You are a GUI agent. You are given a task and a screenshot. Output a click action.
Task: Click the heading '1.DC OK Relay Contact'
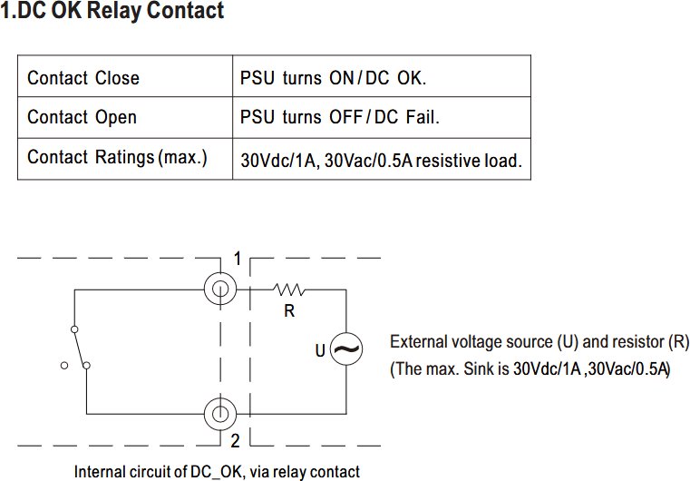click(112, 11)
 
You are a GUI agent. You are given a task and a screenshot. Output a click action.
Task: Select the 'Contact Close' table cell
click(125, 76)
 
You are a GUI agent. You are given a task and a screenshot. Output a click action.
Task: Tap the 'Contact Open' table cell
click(125, 118)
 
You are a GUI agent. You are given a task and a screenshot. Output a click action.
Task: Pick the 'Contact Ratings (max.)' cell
click(125, 159)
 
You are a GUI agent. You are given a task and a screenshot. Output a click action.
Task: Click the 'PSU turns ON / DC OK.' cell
click(382, 76)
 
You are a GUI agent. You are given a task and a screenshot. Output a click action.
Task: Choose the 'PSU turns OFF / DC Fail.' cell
click(382, 118)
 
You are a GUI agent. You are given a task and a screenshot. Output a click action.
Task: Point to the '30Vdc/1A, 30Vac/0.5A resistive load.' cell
click(382, 159)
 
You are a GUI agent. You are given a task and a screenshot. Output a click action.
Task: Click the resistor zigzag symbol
click(288, 290)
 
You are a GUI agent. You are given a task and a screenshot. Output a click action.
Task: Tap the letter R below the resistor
click(289, 311)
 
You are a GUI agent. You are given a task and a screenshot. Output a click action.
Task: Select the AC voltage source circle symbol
click(346, 333)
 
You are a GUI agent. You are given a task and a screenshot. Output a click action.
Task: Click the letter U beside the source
click(320, 350)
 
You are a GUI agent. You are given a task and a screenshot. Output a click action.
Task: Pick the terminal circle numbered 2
click(220, 398)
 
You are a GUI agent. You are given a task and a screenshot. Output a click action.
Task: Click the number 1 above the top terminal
click(238, 259)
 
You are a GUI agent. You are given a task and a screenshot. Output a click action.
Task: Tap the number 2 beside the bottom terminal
click(236, 440)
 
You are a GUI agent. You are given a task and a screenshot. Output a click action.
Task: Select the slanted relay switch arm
click(80, 348)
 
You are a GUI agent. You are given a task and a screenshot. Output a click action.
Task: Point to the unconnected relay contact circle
click(64, 365)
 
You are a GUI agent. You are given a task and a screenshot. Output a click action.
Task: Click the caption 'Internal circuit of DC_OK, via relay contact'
click(217, 472)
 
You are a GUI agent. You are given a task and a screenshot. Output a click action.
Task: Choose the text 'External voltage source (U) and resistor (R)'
click(539, 342)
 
